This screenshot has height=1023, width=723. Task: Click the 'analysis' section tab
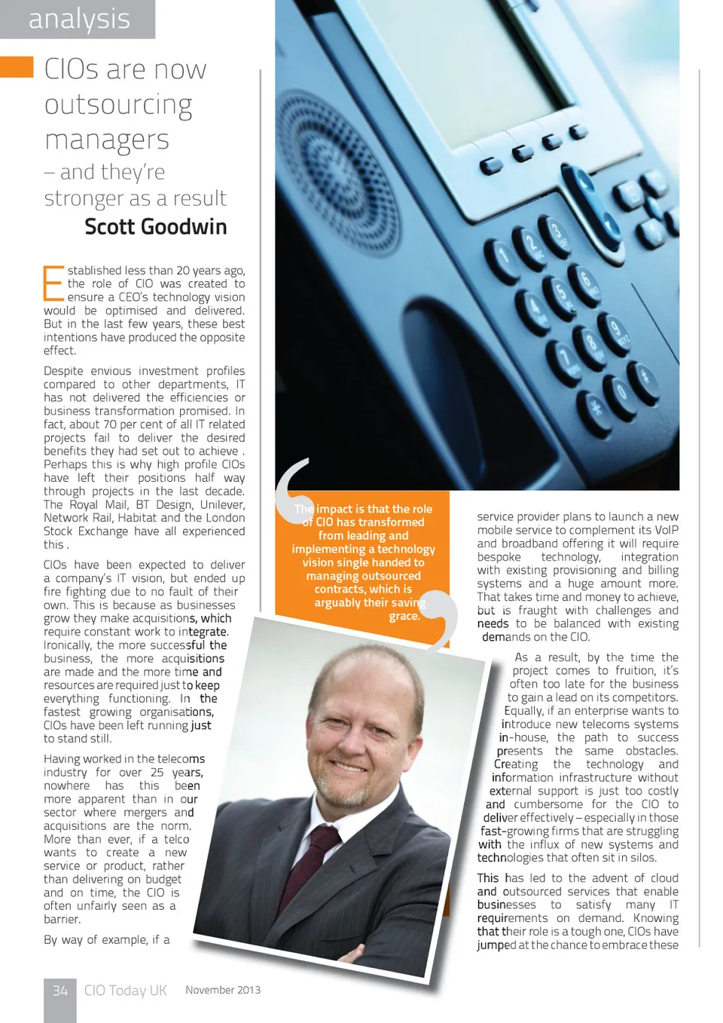point(79,19)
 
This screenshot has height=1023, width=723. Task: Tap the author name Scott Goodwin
point(155,227)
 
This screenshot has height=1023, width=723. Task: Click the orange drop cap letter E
point(53,284)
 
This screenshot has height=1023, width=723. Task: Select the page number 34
point(60,991)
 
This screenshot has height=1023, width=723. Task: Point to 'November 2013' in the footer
point(223,991)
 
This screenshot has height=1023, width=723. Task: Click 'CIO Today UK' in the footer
point(125,991)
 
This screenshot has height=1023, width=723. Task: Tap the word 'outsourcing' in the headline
point(118,105)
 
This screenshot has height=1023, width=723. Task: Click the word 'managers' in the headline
point(107,140)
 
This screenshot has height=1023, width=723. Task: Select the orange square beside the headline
point(17,67)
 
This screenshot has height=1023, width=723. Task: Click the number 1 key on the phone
point(501,259)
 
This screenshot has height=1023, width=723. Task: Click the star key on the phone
point(596,411)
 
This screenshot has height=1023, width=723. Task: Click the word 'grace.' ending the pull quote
point(404,617)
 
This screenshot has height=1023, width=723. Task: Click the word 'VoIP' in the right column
point(667,530)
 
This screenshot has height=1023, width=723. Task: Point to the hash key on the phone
point(643,375)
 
